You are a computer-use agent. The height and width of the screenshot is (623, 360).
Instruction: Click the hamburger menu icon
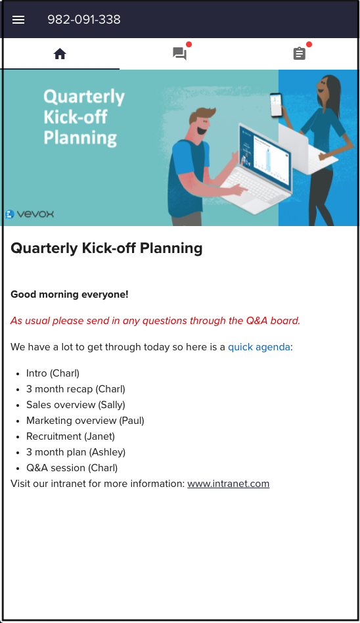[18, 20]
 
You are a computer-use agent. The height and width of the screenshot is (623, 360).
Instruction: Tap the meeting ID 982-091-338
[84, 20]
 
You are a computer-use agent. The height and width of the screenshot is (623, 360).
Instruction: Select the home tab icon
[60, 54]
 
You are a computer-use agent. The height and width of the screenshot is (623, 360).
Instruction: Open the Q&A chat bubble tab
[179, 54]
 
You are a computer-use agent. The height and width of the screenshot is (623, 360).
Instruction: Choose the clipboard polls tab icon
[300, 54]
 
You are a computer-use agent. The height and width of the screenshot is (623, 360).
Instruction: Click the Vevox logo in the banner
[30, 214]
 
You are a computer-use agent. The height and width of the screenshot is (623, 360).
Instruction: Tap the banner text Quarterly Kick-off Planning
[83, 117]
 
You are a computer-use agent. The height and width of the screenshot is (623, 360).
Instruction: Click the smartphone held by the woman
[276, 104]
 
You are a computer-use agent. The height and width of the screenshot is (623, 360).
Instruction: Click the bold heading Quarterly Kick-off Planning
[106, 248]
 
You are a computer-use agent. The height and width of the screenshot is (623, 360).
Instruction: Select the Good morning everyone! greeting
[70, 294]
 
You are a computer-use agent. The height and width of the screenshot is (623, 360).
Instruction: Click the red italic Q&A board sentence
[155, 321]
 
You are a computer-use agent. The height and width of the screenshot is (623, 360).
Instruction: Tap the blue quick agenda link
[259, 347]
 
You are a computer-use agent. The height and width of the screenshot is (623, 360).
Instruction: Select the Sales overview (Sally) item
[76, 405]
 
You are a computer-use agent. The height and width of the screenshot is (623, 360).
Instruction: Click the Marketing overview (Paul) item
[85, 421]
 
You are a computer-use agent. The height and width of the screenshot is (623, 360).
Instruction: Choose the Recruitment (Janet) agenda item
[70, 436]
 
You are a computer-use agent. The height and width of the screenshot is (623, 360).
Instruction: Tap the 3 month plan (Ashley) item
[76, 452]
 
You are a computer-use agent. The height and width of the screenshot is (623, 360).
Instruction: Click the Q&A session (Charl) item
[72, 468]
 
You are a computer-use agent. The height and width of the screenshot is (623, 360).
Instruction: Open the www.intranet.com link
[228, 484]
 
